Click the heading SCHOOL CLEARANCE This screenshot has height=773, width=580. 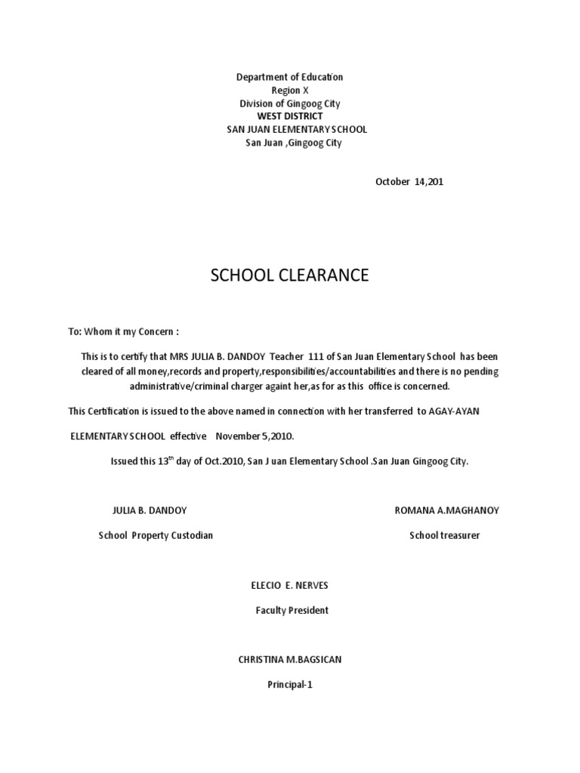(289, 276)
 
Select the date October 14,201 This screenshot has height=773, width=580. (404, 182)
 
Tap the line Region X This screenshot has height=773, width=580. (289, 91)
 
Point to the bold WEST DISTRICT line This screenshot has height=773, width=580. (289, 116)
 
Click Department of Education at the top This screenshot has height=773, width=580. (289, 78)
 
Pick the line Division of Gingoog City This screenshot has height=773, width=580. (289, 103)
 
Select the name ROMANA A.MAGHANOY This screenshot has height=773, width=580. (446, 510)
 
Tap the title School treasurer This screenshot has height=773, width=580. (445, 535)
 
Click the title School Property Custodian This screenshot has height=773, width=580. (156, 535)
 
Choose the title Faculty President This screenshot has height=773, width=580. (292, 610)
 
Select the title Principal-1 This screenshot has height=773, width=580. (289, 685)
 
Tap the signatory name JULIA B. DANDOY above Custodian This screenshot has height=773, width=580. (150, 510)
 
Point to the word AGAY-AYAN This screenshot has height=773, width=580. (455, 411)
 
